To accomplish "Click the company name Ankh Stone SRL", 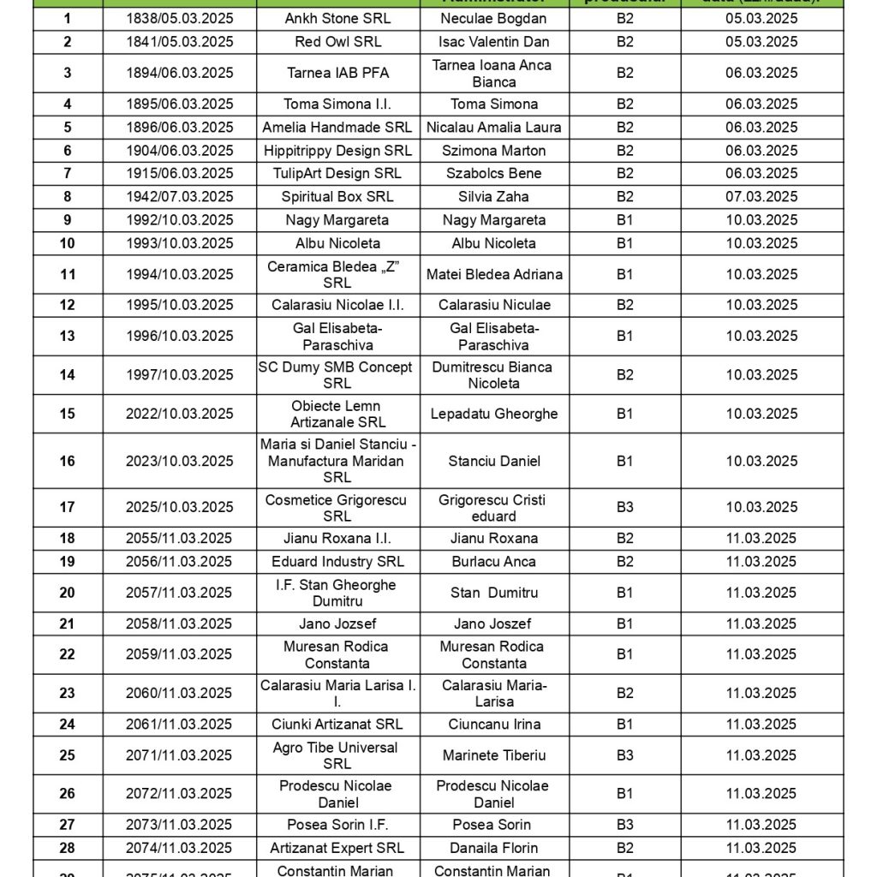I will click(x=337, y=18).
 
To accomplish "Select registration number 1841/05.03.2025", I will click(x=179, y=41).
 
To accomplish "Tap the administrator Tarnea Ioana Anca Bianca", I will click(x=493, y=74).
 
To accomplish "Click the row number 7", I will click(x=67, y=173).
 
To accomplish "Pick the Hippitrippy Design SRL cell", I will click(x=337, y=150).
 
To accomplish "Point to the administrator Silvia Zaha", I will click(x=493, y=196).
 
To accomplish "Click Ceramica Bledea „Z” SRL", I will click(x=337, y=274).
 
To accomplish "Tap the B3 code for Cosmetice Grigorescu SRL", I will click(x=625, y=507).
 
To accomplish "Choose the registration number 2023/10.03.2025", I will click(x=179, y=461).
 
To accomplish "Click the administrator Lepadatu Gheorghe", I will click(x=493, y=414).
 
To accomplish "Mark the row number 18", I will click(x=67, y=538).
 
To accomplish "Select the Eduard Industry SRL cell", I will click(x=337, y=561).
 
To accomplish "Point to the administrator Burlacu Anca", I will click(x=493, y=561).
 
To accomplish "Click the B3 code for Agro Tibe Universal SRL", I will click(x=625, y=755).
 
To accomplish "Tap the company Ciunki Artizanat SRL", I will click(x=337, y=724).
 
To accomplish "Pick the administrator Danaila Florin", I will click(x=493, y=848).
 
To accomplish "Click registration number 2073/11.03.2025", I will click(x=179, y=825).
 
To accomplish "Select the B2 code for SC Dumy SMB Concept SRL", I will click(x=625, y=374).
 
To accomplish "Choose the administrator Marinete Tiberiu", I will click(x=493, y=755).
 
